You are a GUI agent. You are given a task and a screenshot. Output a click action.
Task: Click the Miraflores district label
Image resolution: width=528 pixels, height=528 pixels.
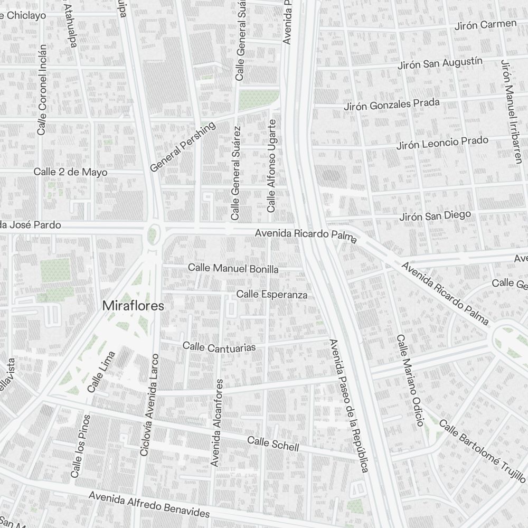(133, 306)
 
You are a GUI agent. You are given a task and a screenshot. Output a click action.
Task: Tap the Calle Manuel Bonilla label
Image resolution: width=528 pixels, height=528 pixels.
(233, 269)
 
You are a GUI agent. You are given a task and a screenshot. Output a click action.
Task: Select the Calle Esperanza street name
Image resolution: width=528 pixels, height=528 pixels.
(272, 294)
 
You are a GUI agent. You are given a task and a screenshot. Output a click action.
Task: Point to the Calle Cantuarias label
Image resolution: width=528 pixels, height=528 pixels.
(219, 347)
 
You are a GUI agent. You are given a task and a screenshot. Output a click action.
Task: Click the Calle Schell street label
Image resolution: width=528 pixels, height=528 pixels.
(273, 444)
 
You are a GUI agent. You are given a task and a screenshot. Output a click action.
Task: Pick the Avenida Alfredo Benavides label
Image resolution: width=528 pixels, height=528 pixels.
(149, 505)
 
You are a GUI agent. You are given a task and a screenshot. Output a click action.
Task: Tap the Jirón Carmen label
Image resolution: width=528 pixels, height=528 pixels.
(486, 24)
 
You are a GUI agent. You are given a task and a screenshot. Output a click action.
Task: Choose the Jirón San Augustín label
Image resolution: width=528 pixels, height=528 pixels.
(440, 65)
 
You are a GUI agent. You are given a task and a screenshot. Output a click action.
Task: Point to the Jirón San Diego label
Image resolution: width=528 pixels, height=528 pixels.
(435, 216)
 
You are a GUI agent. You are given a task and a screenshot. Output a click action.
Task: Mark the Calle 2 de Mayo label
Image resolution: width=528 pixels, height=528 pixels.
(70, 172)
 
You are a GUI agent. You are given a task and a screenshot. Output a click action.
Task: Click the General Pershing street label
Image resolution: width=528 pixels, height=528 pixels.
(183, 147)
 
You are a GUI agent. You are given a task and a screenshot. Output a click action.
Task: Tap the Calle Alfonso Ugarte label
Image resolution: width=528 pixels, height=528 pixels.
(271, 166)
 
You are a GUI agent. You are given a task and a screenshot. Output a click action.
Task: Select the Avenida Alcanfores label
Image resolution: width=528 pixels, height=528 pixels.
(218, 422)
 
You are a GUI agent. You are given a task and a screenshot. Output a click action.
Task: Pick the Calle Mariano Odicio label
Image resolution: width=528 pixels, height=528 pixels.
(410, 380)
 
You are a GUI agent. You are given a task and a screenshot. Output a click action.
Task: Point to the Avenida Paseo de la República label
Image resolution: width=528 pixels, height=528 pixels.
(348, 406)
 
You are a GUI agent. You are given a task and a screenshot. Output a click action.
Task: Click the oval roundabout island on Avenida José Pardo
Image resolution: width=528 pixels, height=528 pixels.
(154, 233)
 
